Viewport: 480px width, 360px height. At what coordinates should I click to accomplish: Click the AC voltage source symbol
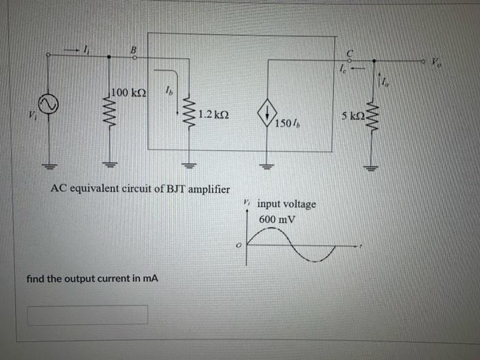49,104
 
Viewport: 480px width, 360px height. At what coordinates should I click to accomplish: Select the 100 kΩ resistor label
130,92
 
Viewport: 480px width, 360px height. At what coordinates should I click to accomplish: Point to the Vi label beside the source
31,113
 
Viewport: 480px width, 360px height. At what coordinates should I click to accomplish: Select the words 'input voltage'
287,204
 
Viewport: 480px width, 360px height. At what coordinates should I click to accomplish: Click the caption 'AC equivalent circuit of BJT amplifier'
141,189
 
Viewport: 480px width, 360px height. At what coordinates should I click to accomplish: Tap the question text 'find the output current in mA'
92,279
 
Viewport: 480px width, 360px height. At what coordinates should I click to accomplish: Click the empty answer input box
87,315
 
